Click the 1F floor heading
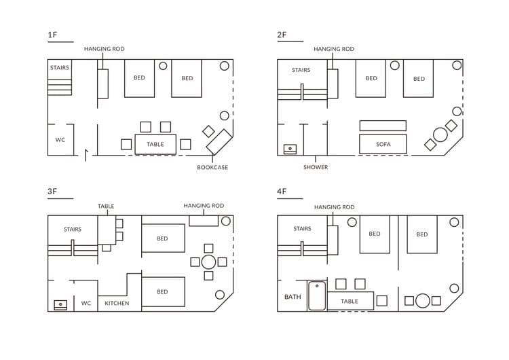click(x=52, y=35)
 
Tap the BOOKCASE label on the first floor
click(x=212, y=167)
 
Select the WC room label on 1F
click(x=60, y=140)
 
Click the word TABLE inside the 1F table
click(x=155, y=144)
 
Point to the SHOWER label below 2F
click(x=316, y=167)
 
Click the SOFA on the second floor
click(x=383, y=144)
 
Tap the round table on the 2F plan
click(x=440, y=135)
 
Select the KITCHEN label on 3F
click(x=117, y=303)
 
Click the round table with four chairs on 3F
click(x=208, y=262)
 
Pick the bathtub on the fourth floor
click(x=317, y=296)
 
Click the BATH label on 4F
click(x=293, y=297)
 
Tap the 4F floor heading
click(x=282, y=191)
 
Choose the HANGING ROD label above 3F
click(x=204, y=206)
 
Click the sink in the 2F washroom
click(x=290, y=149)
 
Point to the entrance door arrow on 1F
click(x=86, y=156)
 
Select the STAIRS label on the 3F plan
click(x=73, y=229)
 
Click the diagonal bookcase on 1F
click(x=219, y=142)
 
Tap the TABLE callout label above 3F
click(x=106, y=206)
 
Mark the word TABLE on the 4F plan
click(x=350, y=301)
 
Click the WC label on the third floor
click(x=86, y=303)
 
